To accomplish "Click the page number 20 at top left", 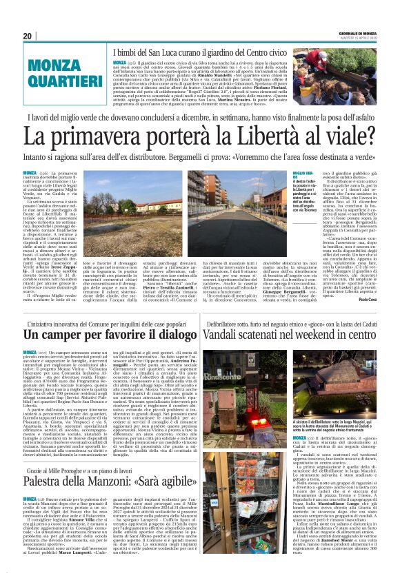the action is (28, 36).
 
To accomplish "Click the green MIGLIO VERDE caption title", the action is (303, 174).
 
